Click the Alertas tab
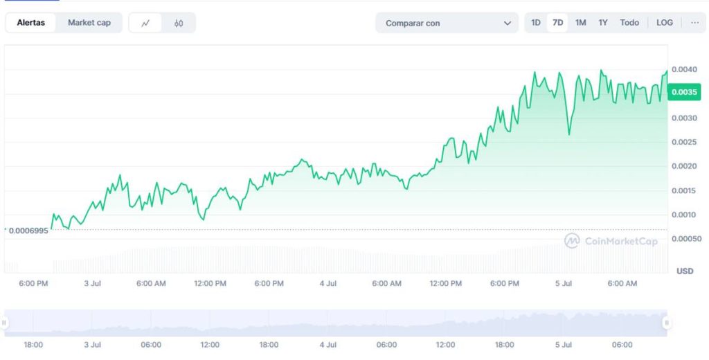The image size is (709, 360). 31,23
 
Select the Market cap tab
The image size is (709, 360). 89,23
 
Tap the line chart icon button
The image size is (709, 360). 145,23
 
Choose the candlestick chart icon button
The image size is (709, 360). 179,23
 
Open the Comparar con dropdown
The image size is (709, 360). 447,23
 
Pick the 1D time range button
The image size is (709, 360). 536,23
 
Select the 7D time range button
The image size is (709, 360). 557,23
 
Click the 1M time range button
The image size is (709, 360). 580,23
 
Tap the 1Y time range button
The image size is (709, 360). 603,23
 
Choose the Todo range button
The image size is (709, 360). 629,23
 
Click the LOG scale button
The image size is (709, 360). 664,23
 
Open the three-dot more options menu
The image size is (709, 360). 694,23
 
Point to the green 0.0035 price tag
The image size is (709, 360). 684,91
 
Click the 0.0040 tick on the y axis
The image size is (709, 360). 684,69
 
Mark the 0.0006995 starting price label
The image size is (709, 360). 28,230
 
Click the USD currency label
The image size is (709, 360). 684,271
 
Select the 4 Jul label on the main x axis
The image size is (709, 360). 327,284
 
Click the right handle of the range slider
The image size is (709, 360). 666,323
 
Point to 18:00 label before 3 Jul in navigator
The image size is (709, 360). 33,345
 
